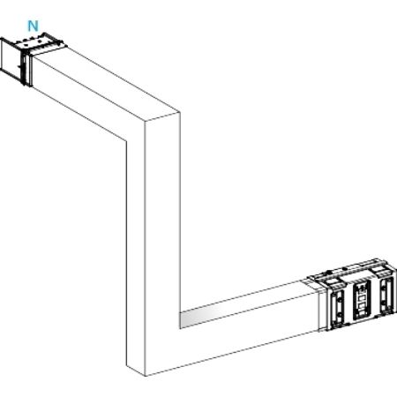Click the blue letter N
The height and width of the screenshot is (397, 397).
pyautogui.click(x=33, y=26)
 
